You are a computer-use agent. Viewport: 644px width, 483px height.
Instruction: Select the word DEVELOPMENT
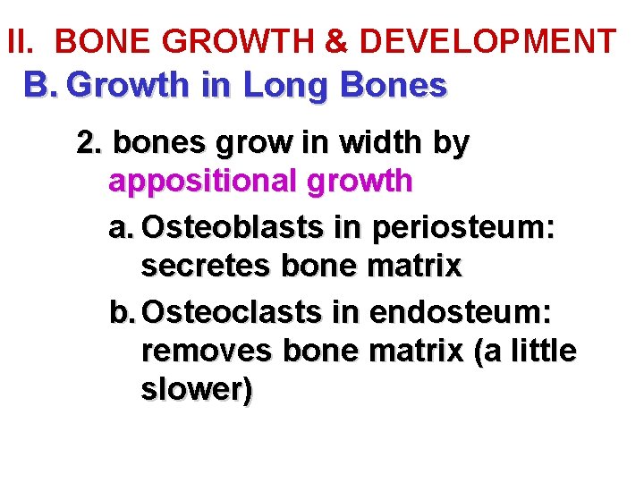point(487,41)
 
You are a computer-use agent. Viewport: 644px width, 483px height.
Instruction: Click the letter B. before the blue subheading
point(40,86)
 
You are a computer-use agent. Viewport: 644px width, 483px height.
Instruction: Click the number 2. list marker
point(90,143)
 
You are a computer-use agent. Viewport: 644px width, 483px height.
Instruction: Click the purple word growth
point(360,182)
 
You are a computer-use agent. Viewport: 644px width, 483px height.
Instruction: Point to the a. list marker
point(122,227)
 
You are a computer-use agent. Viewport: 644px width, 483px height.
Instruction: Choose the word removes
point(205,352)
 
